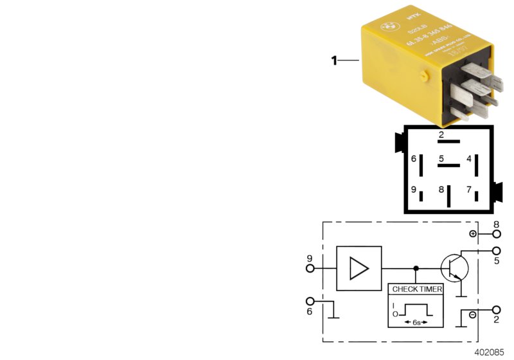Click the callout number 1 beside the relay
point(333,61)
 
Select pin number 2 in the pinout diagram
point(441,136)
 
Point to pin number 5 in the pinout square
point(442,159)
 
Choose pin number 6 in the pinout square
point(414,159)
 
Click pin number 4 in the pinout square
point(469,159)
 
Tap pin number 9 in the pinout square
point(414,190)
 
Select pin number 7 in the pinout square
point(469,190)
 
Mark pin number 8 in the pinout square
point(441,190)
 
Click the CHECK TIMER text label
point(417,289)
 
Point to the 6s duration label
point(416,321)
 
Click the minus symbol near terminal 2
point(473,316)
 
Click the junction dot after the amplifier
point(416,268)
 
